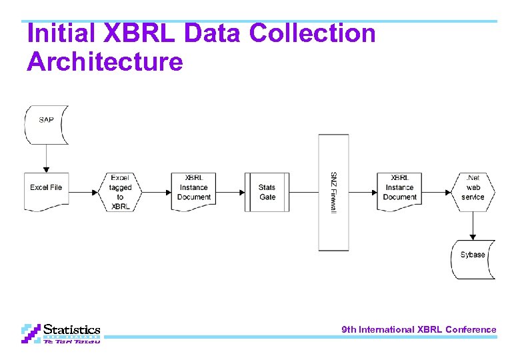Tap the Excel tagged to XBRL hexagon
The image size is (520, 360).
pyautogui.click(x=121, y=192)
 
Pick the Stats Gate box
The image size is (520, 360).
pyautogui.click(x=267, y=192)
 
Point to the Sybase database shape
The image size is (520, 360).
pyautogui.click(x=473, y=257)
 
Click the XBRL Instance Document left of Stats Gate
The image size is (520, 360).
pyautogui.click(x=194, y=189)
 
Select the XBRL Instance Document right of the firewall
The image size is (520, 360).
pyautogui.click(x=400, y=189)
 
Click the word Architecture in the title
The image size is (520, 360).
pyautogui.click(x=105, y=62)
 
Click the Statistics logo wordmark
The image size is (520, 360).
pyautogui.click(x=72, y=329)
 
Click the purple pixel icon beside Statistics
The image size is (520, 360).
pyautogui.click(x=31, y=333)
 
